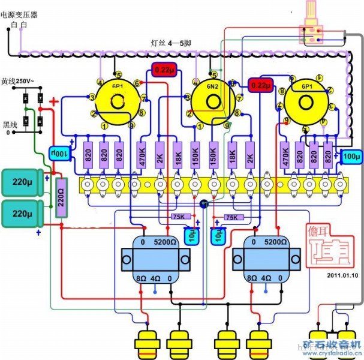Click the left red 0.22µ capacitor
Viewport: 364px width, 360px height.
(164, 70)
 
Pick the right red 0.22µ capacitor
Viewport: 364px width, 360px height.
(260, 86)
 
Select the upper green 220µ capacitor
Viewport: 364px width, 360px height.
(22, 181)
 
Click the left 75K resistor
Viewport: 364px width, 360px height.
(179, 217)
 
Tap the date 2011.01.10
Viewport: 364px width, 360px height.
(342, 275)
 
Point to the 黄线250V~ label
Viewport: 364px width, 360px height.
(18, 81)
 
